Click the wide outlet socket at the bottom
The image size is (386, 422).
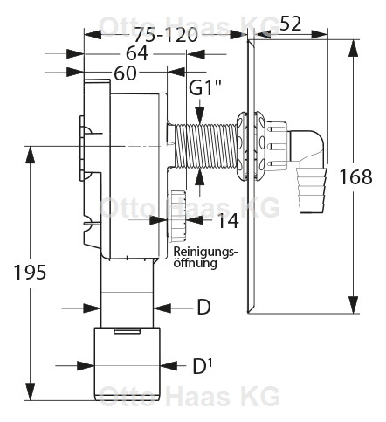click(128, 363)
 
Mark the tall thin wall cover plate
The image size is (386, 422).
click(252, 175)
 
